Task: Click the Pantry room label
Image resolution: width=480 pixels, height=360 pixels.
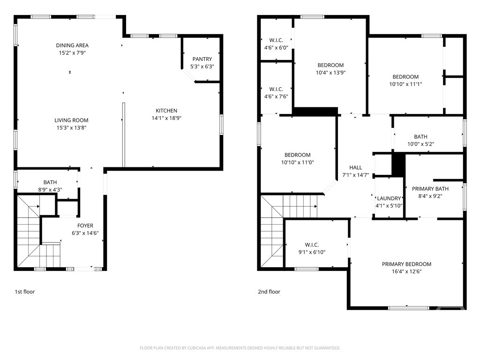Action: point(202,59)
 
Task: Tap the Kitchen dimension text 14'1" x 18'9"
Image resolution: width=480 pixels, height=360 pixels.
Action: point(166,118)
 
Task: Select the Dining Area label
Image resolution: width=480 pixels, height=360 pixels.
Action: point(72,45)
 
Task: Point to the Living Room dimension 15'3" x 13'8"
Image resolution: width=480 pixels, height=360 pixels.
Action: point(71,127)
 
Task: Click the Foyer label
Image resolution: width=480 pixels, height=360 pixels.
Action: point(85,225)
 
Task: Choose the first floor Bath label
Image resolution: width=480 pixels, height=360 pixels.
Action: point(50,182)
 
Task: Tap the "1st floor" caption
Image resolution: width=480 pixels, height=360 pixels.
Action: point(25,292)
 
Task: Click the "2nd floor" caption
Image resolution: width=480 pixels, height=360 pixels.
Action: point(269,292)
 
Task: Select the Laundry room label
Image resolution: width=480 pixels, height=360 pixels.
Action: point(389,198)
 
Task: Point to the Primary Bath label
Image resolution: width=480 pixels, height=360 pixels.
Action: point(430,189)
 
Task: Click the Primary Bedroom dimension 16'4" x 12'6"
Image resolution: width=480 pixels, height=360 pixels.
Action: point(406,271)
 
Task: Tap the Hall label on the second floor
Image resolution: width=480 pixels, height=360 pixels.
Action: point(356,167)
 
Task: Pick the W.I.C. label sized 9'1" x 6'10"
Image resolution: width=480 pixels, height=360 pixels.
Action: point(312,245)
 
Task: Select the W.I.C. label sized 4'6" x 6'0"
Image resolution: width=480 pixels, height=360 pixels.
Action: point(276,40)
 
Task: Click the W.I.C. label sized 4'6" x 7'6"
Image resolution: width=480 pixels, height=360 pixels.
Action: point(276,89)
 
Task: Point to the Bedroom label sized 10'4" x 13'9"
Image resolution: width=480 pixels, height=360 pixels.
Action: point(330,65)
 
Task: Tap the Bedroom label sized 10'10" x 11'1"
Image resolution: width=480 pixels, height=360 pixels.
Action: point(405,77)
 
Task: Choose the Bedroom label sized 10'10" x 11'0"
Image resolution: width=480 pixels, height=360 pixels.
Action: point(297,155)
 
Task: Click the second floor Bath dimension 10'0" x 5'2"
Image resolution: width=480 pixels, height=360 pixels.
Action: point(420,144)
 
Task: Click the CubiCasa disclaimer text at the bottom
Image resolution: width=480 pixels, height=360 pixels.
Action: point(240,348)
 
